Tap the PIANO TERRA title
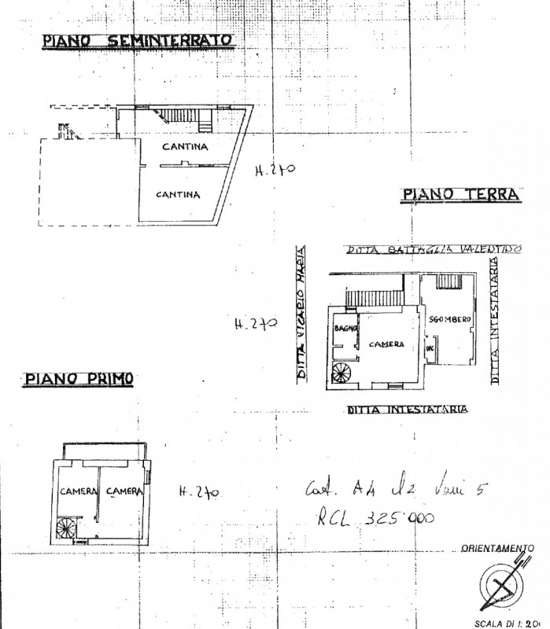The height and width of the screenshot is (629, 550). coord(460,194)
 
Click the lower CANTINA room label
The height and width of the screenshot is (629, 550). coord(178,194)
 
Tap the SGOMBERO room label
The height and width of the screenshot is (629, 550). coord(450,319)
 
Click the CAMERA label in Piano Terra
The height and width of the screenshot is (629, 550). coord(389,344)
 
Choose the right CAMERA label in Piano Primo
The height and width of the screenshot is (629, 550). coord(125,491)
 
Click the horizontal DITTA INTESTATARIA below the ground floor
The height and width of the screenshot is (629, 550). coord(408,410)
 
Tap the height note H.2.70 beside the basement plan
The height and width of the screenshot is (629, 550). coord(275,170)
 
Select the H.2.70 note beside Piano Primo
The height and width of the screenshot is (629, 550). coord(198,492)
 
